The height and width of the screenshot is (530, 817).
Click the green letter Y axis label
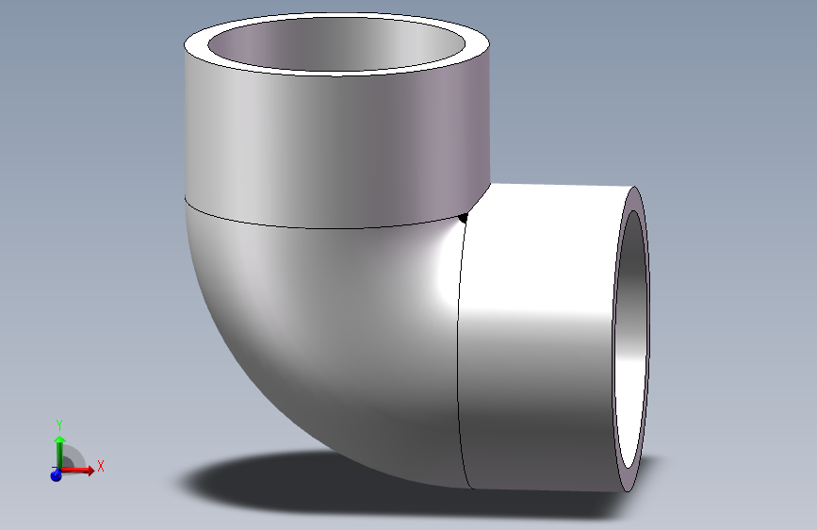(58, 424)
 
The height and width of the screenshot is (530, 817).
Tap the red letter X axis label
(100, 466)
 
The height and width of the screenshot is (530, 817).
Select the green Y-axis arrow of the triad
(58, 447)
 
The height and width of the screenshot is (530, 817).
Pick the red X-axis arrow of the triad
(83, 470)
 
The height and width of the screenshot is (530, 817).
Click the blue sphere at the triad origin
(56, 475)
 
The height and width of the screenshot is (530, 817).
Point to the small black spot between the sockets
(464, 219)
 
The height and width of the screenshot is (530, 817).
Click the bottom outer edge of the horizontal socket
(547, 489)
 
